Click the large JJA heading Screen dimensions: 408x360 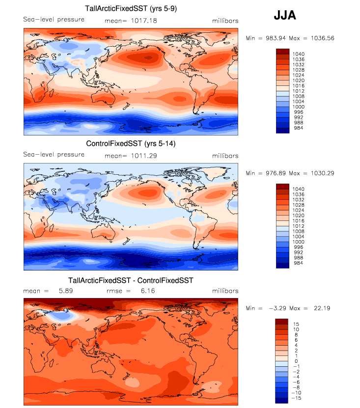pos(285,16)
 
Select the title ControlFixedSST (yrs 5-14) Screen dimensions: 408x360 pos(131,144)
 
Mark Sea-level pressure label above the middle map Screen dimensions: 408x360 pos(54,155)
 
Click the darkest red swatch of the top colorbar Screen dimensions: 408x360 pos(283,51)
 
